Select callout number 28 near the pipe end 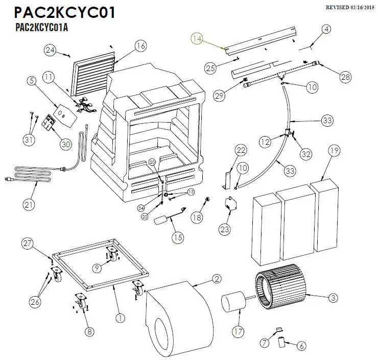[346, 77]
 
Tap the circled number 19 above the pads [334, 151]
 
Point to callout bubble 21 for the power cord [29, 205]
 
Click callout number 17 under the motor [237, 332]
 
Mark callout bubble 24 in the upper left [50, 50]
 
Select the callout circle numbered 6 [301, 346]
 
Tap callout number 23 [225, 230]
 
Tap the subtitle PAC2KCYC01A [42, 27]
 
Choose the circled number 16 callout [140, 46]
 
